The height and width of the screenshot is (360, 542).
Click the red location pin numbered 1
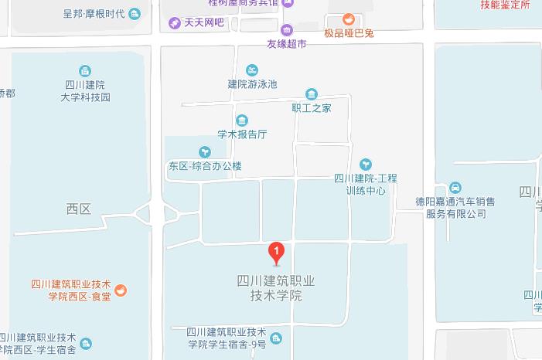pos(276,252)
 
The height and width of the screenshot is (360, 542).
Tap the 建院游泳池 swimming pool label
pos(252,83)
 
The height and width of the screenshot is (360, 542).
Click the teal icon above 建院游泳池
pos(252,70)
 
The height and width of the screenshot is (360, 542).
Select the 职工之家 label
pos(312,107)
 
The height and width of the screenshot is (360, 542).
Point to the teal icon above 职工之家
pos(312,94)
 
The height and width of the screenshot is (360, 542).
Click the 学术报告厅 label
pos(242,134)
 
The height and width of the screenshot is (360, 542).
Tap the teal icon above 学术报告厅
pos(242,121)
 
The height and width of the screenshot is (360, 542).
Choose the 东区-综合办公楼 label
pos(205,165)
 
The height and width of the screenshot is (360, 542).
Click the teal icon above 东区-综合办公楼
pos(205,152)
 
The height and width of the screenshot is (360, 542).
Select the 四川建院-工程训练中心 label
pos(366,184)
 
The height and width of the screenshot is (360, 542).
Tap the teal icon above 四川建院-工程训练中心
pos(366,165)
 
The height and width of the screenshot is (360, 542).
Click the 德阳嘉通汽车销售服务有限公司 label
pos(455,207)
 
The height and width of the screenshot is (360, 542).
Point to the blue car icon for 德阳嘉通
pos(455,188)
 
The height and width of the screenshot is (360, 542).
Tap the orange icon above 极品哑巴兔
pos(348,19)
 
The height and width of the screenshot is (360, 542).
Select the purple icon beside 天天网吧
pos(176,22)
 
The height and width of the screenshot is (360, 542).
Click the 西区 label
pos(78,209)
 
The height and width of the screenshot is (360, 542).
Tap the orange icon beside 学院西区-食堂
pos(121,290)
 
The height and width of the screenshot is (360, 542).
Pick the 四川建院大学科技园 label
pos(85,91)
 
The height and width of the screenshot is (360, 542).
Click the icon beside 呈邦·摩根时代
pos(135,13)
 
